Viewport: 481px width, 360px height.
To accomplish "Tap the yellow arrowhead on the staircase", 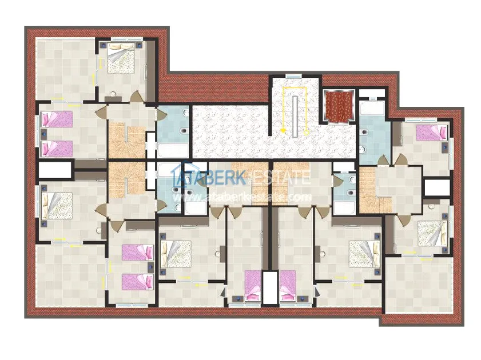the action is (x=283, y=131).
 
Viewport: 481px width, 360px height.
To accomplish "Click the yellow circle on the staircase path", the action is (x=306, y=133).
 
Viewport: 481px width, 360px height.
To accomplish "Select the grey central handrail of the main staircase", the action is (x=295, y=116).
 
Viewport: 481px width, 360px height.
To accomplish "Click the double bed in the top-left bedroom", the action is (x=121, y=58).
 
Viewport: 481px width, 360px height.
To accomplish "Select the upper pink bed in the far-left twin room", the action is (x=57, y=119).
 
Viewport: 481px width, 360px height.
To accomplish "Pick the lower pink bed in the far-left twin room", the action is (x=57, y=149).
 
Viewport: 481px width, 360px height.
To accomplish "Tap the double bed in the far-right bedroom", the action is (x=432, y=233).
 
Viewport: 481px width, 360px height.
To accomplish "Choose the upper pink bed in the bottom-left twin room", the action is (x=137, y=252).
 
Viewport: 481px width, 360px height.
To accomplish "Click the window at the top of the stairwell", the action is (x=293, y=75).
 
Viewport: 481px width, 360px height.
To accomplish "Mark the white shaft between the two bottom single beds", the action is (x=270, y=287).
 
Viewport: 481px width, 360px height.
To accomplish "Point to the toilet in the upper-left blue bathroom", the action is (x=184, y=131).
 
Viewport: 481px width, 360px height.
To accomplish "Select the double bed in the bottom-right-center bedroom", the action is (x=364, y=254).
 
